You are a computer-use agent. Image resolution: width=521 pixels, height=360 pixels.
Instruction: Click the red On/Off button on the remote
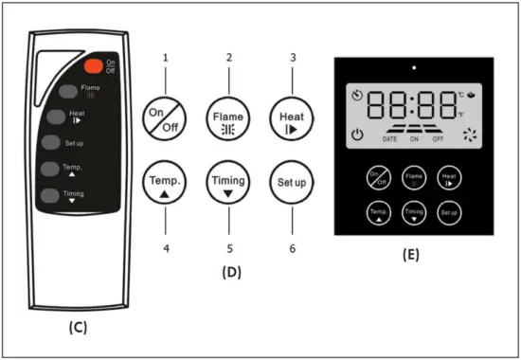pos(94,66)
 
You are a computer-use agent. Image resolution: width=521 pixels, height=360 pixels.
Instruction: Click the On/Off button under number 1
pos(164,119)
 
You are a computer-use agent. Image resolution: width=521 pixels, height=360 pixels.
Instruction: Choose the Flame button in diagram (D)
pos(227,119)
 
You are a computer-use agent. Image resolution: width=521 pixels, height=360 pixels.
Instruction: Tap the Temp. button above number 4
pos(164,183)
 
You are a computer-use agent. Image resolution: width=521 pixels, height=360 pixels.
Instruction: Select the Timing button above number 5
pos(227,183)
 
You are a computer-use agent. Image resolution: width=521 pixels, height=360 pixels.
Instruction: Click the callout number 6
pos(292,248)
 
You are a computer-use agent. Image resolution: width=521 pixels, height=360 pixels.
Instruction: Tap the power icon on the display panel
pos(357,135)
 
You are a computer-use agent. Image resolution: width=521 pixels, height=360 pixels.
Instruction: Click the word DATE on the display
pos(389,139)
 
